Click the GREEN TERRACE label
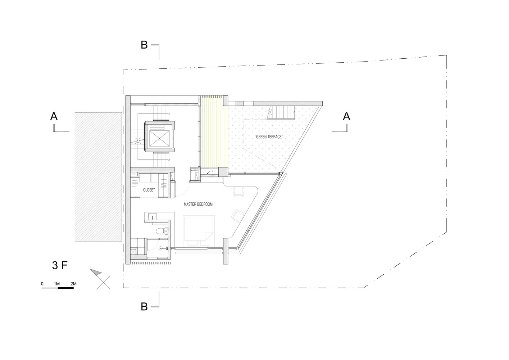pyautogui.click(x=269, y=137)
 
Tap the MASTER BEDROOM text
pyautogui.click(x=198, y=204)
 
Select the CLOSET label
pyautogui.click(x=149, y=190)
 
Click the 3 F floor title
pyautogui.click(x=60, y=265)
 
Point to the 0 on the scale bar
pyautogui.click(x=42, y=284)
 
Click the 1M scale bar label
pyautogui.click(x=56, y=284)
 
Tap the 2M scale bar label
pyautogui.click(x=73, y=284)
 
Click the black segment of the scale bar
pyautogui.click(x=66, y=288)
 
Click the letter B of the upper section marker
pyautogui.click(x=144, y=45)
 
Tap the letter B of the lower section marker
pyautogui.click(x=144, y=307)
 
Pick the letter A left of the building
pyautogui.click(x=54, y=116)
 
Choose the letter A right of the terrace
pyautogui.click(x=346, y=116)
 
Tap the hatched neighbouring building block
pyautogui.click(x=98, y=177)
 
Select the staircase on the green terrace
pyautogui.click(x=281, y=112)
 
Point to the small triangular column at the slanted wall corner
pyautogui.click(x=281, y=174)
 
